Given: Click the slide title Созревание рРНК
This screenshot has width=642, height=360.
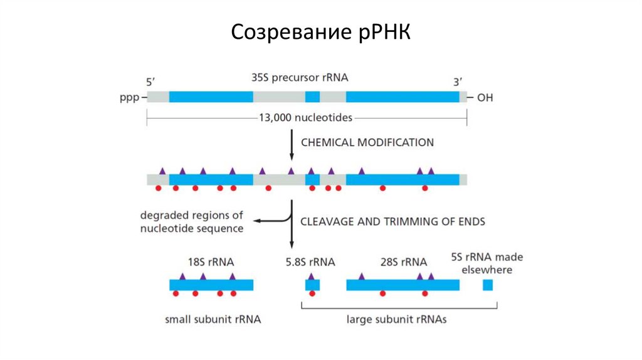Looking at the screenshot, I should click(320, 32).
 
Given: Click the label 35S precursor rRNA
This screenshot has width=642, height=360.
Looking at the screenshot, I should click(300, 78).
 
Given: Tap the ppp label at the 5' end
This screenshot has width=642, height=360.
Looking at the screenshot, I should click(129, 97).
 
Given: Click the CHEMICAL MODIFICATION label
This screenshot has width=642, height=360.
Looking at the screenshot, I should click(367, 142).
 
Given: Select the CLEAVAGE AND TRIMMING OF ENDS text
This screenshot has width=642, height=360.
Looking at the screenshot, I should click(392, 221).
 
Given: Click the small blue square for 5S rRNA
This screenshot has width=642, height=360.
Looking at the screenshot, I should click(488, 285).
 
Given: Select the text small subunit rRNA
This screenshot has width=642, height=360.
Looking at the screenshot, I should click(213, 319).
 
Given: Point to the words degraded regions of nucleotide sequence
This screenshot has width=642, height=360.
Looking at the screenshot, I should click(192, 222).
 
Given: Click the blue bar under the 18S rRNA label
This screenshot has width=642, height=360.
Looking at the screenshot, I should click(211, 285).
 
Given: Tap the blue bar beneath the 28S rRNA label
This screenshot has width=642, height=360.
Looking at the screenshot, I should click(403, 285).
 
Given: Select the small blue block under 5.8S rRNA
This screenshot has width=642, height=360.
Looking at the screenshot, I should click(312, 285).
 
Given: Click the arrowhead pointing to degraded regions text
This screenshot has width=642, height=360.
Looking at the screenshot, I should click(257, 221).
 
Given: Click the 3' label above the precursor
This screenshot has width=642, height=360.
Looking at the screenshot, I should click(458, 82).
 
